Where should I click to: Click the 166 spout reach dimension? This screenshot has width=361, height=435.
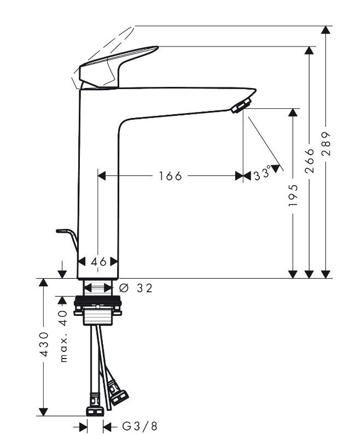click(170, 176)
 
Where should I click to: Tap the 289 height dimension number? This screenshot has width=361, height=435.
click(327, 144)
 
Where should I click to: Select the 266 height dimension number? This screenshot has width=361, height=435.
click(310, 161)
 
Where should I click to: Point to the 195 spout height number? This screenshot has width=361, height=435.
click(293, 195)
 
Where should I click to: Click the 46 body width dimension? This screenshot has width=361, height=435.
click(99, 262)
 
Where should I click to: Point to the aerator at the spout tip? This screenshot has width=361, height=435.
click(241, 105)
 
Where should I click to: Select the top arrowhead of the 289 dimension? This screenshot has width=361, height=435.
click(327, 31)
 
